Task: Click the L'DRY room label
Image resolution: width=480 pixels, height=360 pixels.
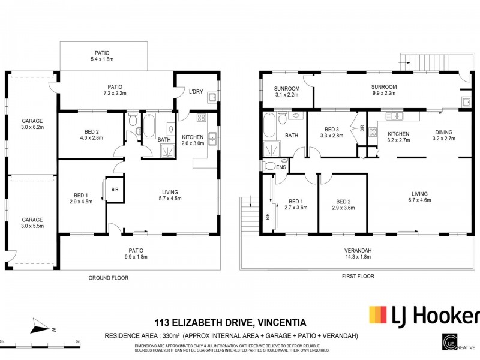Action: pyautogui.click(x=195, y=91)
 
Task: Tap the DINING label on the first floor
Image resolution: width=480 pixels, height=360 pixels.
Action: pyautogui.click(x=444, y=136)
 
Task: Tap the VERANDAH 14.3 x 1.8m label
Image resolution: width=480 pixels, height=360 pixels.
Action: pyautogui.click(x=358, y=253)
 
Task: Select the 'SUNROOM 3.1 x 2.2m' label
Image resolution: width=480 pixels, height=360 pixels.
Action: pyautogui.click(x=287, y=91)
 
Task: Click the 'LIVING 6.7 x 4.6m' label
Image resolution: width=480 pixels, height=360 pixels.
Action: pyautogui.click(x=419, y=197)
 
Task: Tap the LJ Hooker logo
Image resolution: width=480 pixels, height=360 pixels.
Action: pyautogui.click(x=424, y=316)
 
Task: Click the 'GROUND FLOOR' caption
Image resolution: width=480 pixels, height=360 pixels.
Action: pyautogui.click(x=108, y=278)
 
